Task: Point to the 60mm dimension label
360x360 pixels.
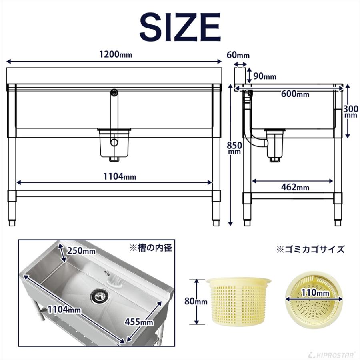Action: click(x=238, y=55)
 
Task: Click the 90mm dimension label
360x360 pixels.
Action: click(x=264, y=76)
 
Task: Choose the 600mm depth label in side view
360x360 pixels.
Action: click(x=295, y=94)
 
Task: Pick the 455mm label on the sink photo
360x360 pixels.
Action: click(x=139, y=321)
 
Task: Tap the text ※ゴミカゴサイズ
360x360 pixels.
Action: click(x=310, y=250)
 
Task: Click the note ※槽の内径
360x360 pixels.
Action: click(x=150, y=248)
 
